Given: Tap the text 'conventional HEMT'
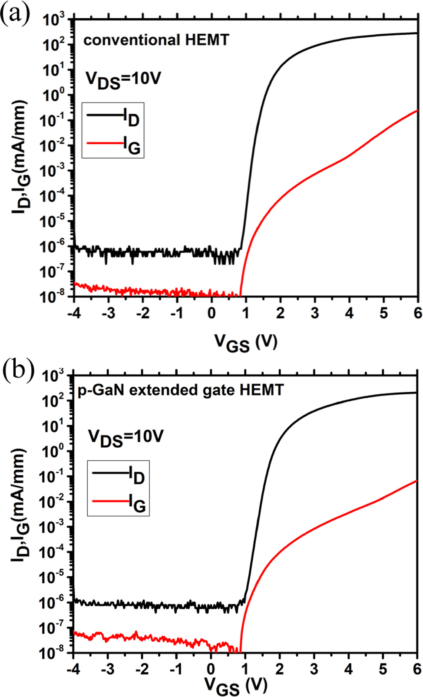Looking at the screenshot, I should (156, 40).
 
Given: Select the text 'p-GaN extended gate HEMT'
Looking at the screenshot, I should (180, 390).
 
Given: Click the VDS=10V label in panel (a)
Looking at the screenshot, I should (123, 80).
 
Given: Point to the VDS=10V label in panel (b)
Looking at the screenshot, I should (126, 437).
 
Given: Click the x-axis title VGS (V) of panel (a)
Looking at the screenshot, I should (246, 343).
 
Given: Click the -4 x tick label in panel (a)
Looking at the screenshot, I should (74, 313).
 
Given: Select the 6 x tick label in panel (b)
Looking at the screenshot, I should (417, 669).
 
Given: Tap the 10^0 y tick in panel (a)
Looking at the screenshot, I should (54, 95).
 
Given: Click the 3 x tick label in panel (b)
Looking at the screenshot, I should (314, 669).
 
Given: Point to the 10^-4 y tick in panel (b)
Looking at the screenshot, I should (54, 552).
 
